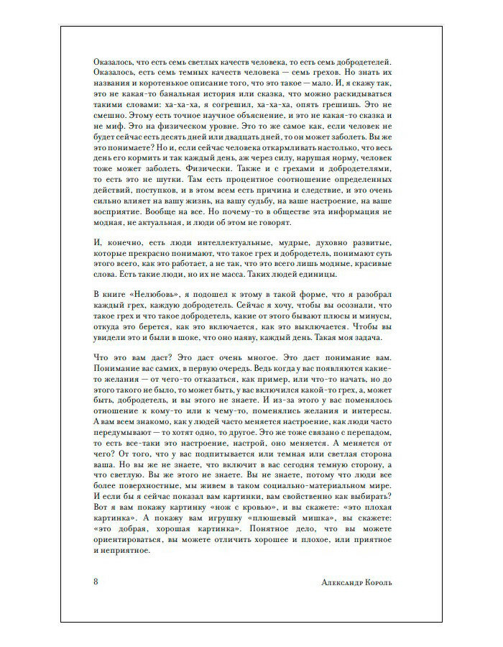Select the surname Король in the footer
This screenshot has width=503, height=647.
[394, 581]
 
